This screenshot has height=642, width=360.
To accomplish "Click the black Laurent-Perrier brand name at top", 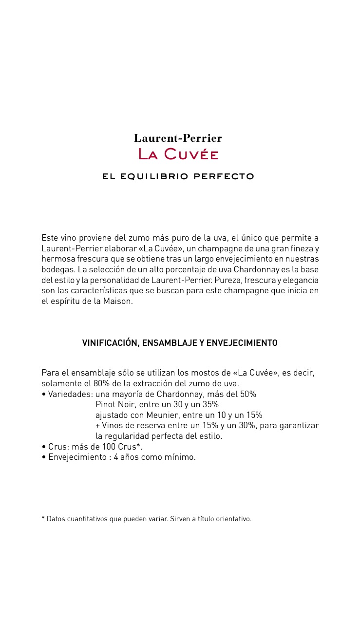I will click(178, 138).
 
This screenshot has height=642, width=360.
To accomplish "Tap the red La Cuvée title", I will click(178, 154).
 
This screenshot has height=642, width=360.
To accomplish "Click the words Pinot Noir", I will click(115, 405).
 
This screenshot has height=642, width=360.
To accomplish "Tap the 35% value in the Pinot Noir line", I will click(210, 405).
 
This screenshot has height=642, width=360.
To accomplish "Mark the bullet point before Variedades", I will click(44, 395).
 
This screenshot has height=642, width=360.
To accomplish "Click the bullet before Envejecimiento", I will click(44, 457).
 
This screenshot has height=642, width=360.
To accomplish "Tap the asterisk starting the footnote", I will click(43, 518).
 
